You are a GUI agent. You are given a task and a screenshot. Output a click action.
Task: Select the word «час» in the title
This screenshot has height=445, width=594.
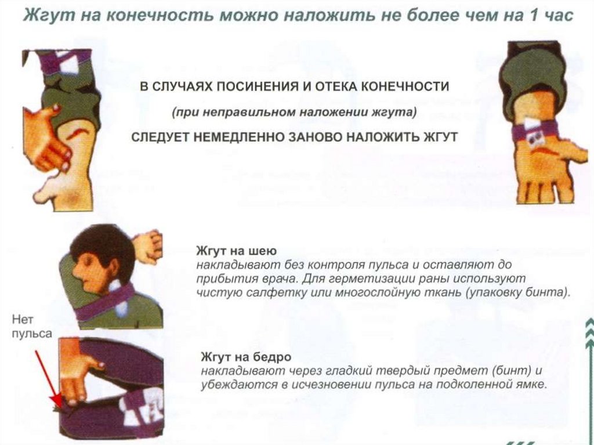click(558, 16)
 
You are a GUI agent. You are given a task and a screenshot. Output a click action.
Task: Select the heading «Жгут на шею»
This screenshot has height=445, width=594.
click(237, 251)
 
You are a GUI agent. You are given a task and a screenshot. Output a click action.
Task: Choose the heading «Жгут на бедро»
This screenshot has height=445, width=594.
click(246, 357)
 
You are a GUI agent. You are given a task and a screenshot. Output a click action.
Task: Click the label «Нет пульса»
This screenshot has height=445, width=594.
click(32, 327)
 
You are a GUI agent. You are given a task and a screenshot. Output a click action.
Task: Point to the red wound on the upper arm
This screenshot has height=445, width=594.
click(79, 133)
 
